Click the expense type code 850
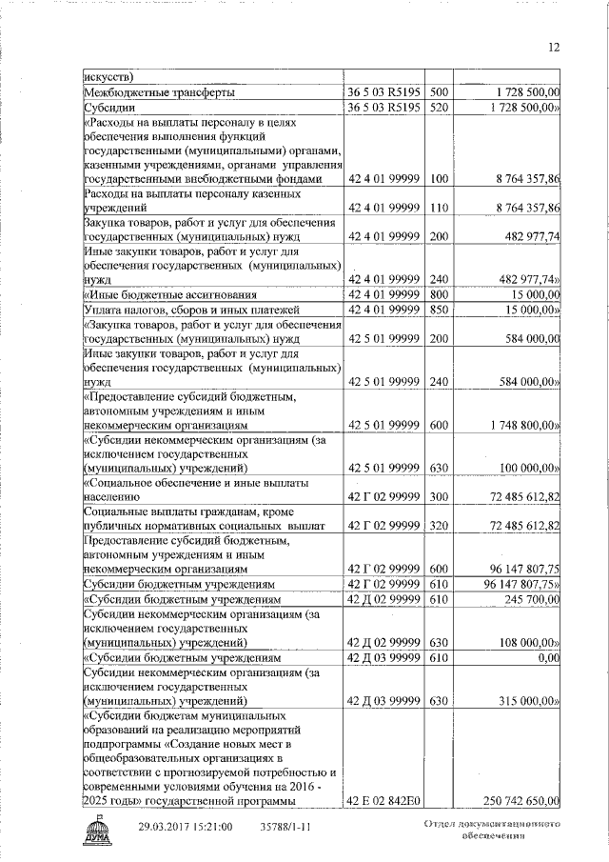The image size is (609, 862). tap(438, 311)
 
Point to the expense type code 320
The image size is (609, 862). tap(438, 525)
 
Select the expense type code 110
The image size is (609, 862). tap(438, 208)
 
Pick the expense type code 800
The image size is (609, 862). tap(438, 295)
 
